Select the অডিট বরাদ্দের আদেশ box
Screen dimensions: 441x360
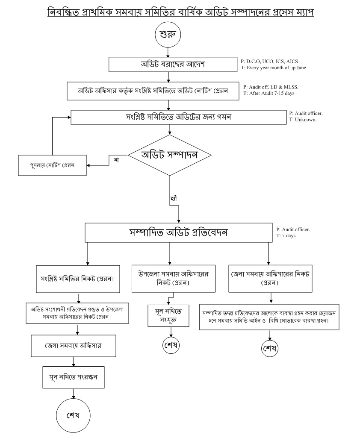tap(170, 65)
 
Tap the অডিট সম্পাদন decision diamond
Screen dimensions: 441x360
tap(170, 155)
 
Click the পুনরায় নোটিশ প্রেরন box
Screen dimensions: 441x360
tap(52, 165)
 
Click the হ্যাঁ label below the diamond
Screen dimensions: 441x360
tap(174, 198)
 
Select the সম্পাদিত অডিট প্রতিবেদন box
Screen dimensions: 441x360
tap(178, 232)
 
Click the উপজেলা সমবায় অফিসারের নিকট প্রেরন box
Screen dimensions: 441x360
tap(170, 278)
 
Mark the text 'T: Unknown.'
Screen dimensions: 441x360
tap(303, 120)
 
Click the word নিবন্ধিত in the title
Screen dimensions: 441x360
tap(65, 12)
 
